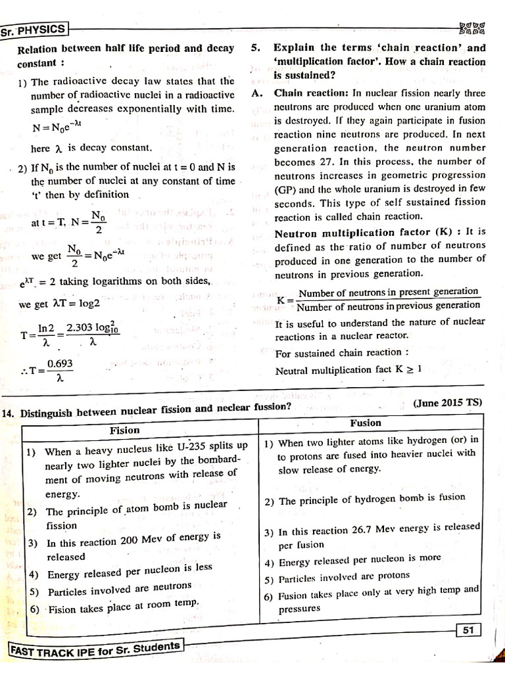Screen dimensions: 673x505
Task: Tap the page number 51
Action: (x=468, y=630)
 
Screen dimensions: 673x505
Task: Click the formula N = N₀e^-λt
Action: (x=59, y=128)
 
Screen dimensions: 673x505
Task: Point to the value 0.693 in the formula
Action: (x=60, y=364)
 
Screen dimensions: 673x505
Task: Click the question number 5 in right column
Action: (x=255, y=48)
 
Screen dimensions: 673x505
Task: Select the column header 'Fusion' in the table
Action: (x=366, y=423)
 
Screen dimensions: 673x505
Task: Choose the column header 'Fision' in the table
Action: (x=125, y=430)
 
